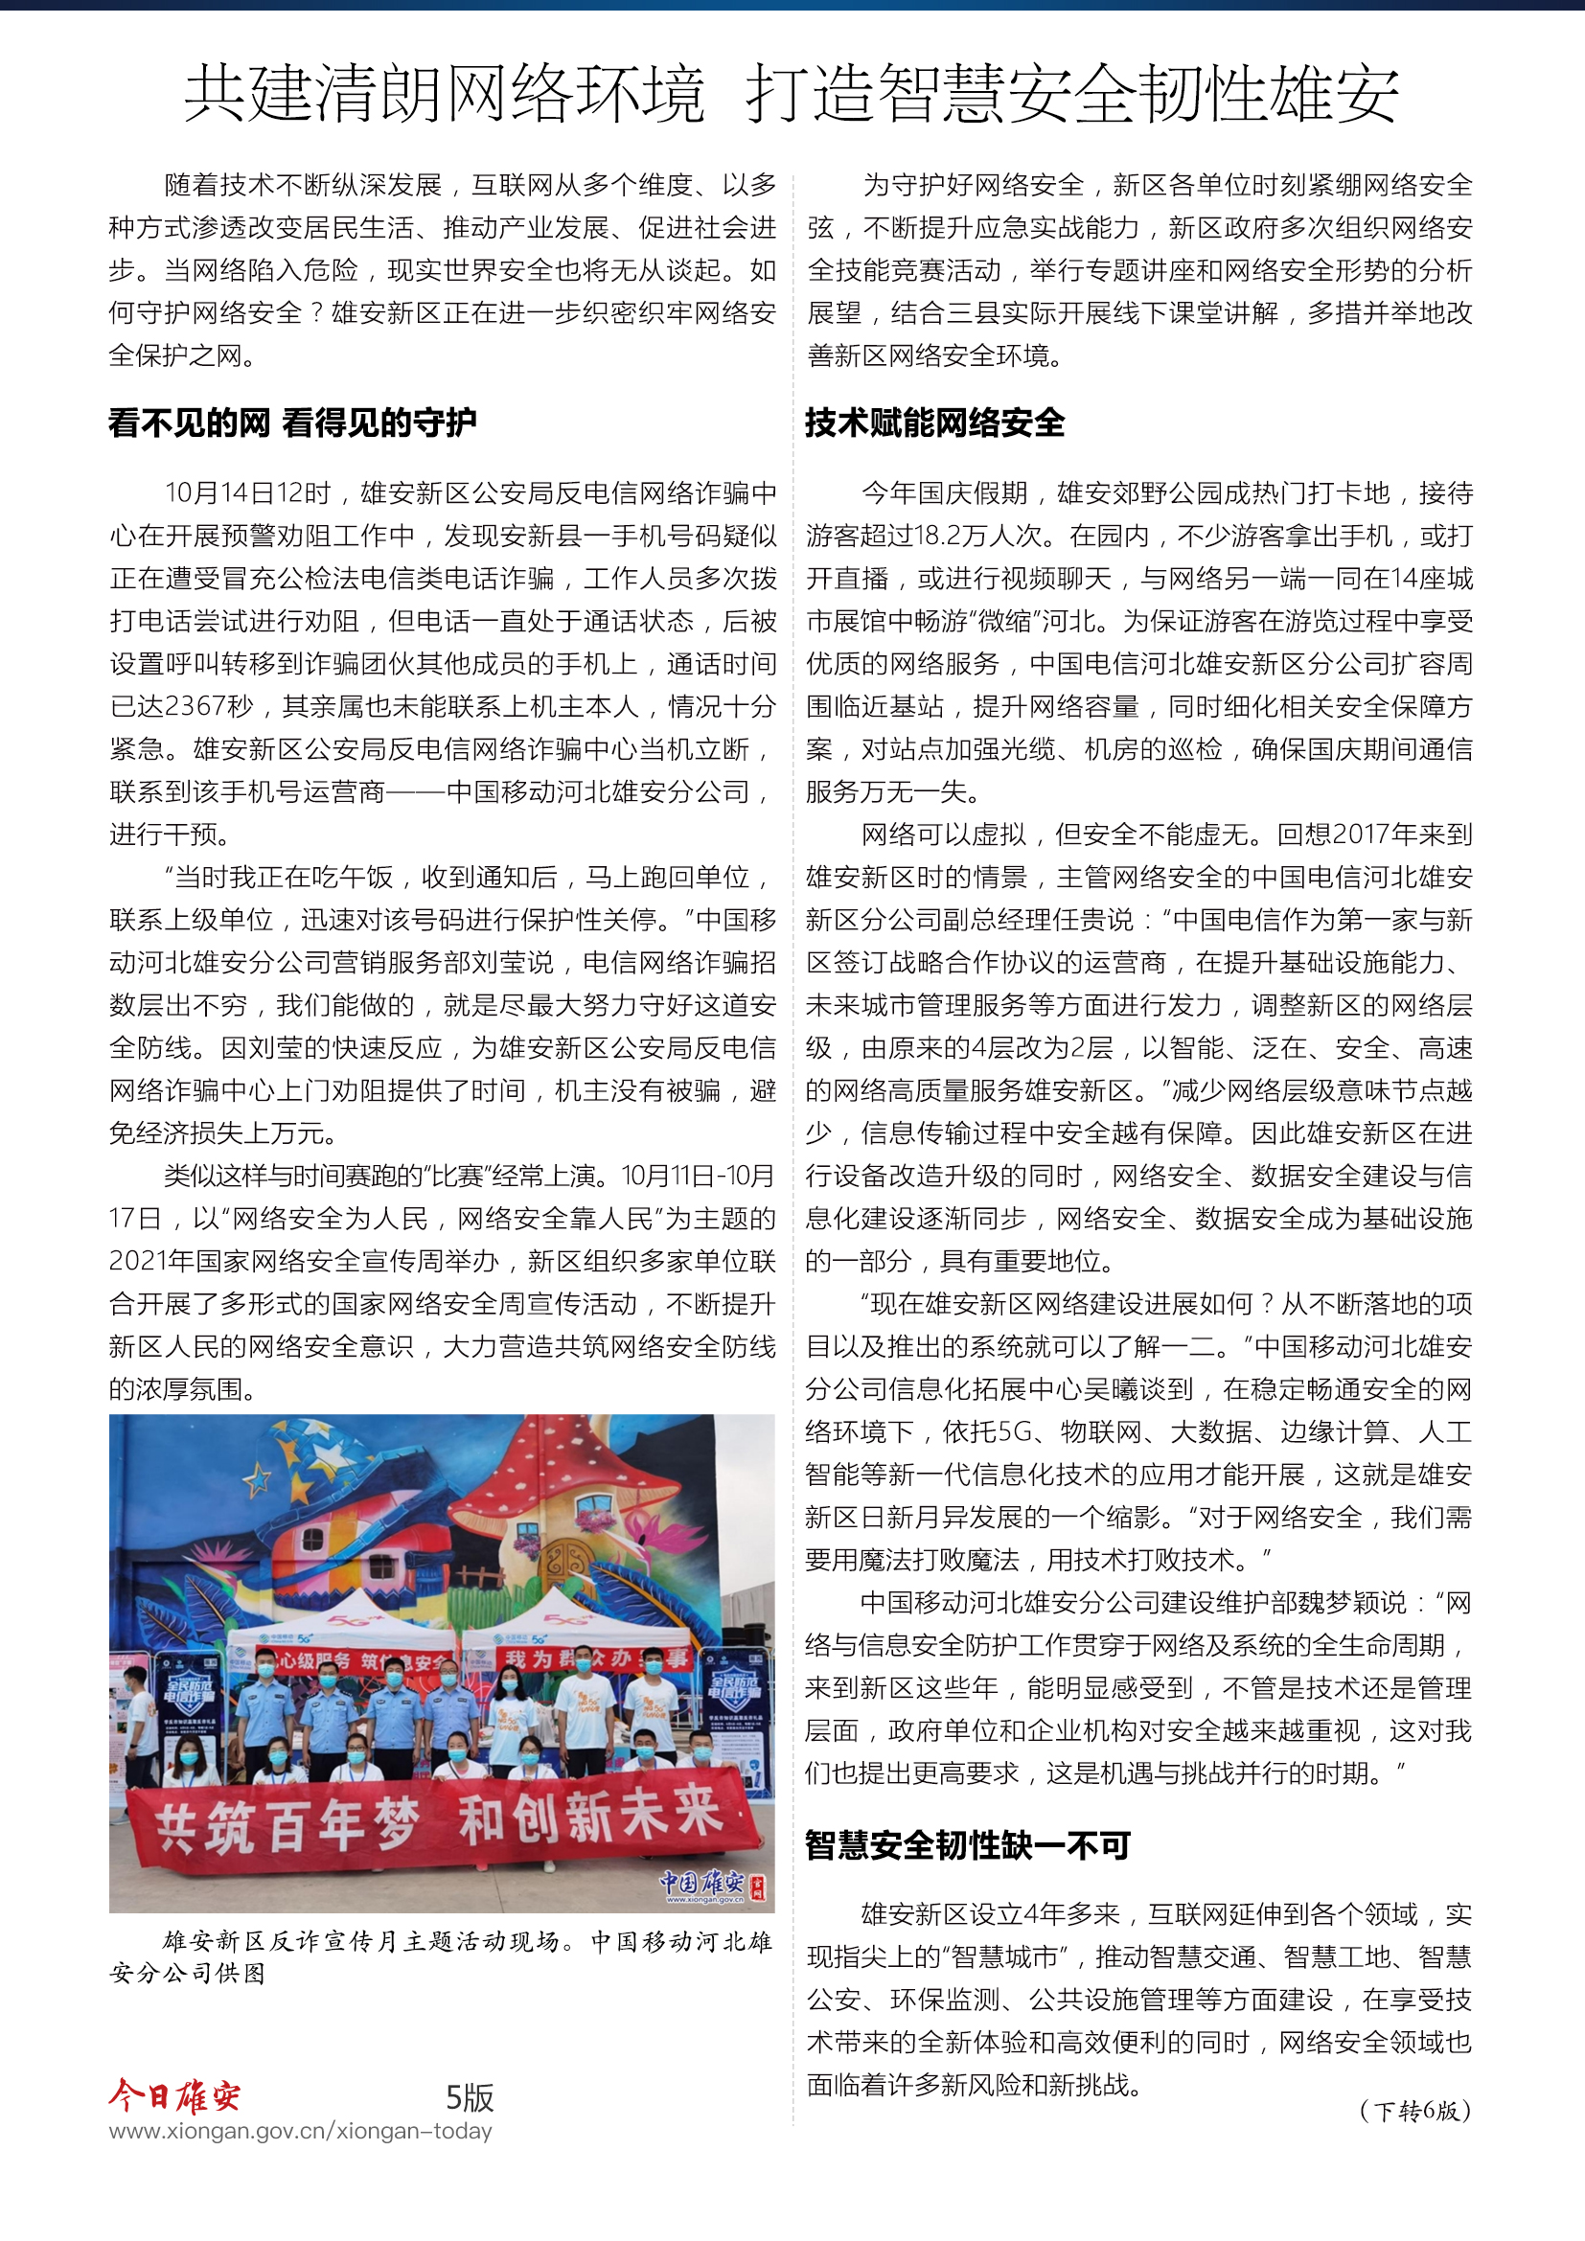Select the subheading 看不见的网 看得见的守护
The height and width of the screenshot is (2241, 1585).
[x=293, y=423]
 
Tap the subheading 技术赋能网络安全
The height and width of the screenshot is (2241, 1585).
[x=934, y=423]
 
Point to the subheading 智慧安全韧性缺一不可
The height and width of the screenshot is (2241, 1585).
[x=967, y=1845]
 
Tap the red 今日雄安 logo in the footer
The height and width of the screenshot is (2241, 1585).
[x=174, y=2094]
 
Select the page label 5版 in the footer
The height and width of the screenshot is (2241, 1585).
[x=470, y=2097]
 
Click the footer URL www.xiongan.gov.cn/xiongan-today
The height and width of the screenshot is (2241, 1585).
[x=301, y=2131]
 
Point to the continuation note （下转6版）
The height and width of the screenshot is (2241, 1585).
[x=1414, y=2112]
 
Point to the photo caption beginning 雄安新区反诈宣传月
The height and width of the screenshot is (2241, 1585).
[x=441, y=1957]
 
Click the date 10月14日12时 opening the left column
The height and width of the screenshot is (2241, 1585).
[x=248, y=492]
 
